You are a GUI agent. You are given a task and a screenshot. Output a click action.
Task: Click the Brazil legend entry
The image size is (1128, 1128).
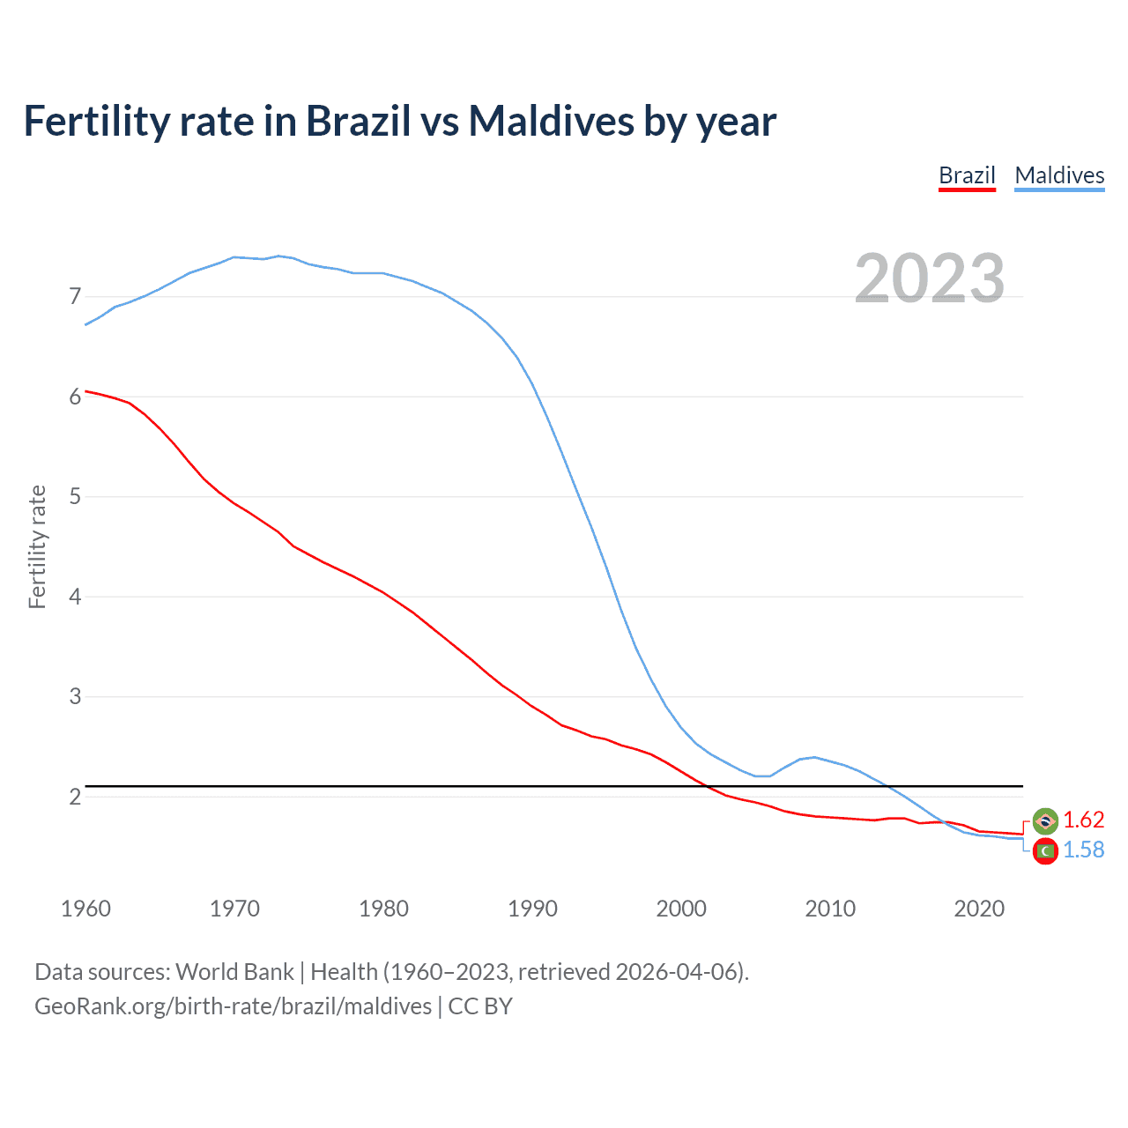[967, 175]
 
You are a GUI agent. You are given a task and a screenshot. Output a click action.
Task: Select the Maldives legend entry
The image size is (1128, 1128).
[1059, 175]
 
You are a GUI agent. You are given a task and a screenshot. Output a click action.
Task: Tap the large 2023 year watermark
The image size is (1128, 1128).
[930, 278]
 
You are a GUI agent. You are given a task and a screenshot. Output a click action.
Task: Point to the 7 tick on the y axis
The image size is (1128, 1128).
[75, 297]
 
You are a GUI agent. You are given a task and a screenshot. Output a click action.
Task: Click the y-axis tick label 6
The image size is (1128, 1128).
[75, 397]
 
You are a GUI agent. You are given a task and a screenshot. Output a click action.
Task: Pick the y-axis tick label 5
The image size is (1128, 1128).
[75, 497]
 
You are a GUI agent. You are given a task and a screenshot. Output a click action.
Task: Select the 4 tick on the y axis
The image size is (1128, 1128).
[75, 597]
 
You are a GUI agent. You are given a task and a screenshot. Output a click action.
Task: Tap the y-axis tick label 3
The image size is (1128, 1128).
[75, 697]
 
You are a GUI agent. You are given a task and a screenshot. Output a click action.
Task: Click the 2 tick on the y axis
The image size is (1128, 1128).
[75, 797]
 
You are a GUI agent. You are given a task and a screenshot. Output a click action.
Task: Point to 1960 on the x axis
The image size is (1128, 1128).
[85, 909]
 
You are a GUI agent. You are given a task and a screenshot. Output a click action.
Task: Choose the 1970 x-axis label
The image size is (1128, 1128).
[234, 909]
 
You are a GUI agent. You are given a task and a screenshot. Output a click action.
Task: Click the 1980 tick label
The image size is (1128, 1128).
[383, 909]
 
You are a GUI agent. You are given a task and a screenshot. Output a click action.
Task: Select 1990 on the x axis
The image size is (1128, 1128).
[532, 909]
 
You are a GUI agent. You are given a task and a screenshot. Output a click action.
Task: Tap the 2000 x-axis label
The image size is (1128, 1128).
[681, 909]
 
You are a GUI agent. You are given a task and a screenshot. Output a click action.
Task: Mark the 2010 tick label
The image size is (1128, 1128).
[830, 909]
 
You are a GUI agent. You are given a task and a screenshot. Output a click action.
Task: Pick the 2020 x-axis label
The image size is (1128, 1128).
[979, 909]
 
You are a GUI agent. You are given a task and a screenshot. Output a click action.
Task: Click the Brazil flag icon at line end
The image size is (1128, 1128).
[1045, 820]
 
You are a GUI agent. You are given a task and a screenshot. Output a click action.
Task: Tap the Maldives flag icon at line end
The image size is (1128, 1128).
[1045, 851]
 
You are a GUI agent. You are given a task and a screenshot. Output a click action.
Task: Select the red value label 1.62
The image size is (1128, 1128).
[1083, 820]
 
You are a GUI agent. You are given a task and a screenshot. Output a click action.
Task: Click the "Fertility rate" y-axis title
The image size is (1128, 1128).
[37, 546]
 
